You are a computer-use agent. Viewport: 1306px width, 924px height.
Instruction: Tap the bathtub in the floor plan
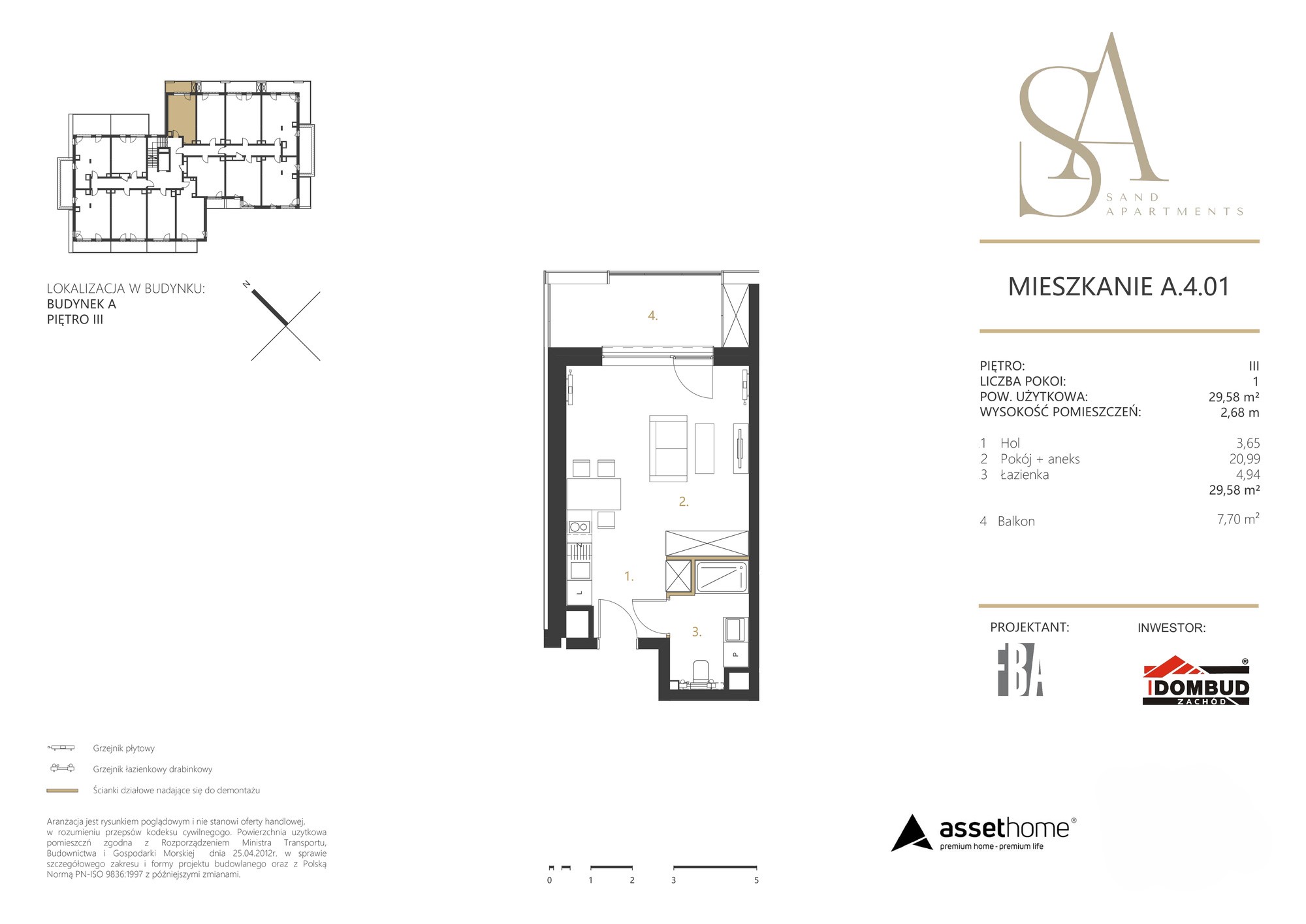[x=722, y=576]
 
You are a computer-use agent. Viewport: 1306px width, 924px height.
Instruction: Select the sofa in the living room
[x=667, y=448]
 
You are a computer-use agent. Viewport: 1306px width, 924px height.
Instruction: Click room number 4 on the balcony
[x=652, y=316]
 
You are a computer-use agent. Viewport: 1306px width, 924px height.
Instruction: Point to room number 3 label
[x=697, y=632]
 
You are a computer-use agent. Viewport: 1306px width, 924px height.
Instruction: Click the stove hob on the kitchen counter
[x=579, y=527]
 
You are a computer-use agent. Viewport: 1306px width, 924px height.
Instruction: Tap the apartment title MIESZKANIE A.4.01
[x=1119, y=286]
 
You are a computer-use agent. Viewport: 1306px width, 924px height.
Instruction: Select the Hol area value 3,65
[x=1247, y=443]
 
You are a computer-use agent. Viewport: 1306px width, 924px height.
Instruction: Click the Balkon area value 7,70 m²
[x=1238, y=520]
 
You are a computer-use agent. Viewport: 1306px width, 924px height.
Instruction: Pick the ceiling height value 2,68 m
[x=1239, y=412]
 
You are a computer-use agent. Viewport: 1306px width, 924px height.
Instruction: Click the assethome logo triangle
[x=912, y=833]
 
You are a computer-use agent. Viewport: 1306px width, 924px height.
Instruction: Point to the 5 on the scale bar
[x=756, y=880]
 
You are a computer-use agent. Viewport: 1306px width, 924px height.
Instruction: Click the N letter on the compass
[x=246, y=284]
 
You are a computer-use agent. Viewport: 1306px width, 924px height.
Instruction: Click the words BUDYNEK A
[x=82, y=304]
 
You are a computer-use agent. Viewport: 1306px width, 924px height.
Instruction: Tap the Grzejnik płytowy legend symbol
[x=61, y=748]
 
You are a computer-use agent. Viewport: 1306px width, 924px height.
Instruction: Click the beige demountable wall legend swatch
[x=62, y=791]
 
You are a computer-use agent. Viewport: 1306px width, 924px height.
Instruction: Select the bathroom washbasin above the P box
[x=734, y=630]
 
